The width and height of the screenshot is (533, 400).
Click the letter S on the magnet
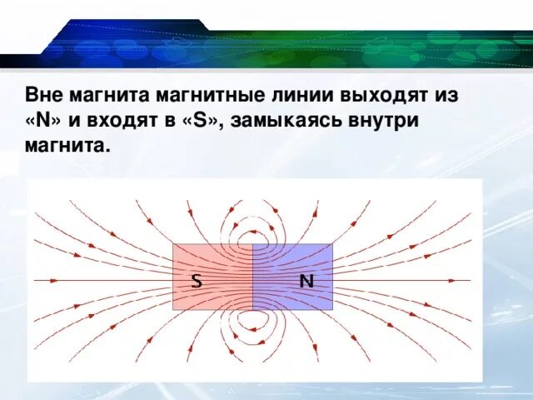(197, 281)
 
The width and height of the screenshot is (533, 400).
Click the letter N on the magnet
(306, 281)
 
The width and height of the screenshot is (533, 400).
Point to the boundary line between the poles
(252, 277)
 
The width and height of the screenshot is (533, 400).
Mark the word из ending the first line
(446, 94)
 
